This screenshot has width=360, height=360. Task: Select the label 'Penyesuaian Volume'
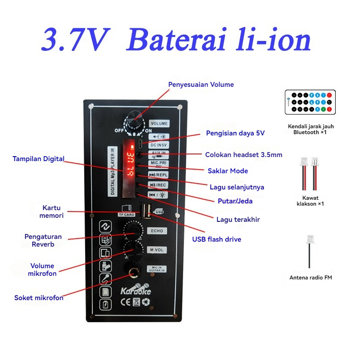click(x=201, y=85)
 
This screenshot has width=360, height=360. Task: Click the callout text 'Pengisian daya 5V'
click(x=235, y=133)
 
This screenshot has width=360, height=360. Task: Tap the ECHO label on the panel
click(x=157, y=231)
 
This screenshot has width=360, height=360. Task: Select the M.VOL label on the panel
click(x=157, y=250)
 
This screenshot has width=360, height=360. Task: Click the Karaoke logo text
click(x=135, y=290)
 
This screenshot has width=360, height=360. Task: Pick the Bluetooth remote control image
click(x=310, y=101)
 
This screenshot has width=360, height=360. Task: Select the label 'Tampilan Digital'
click(x=38, y=158)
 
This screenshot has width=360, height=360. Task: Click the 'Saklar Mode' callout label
click(x=228, y=171)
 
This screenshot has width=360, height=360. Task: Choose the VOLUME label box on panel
click(x=159, y=123)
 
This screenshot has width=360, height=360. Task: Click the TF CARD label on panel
click(x=126, y=215)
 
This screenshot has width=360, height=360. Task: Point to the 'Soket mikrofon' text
click(x=39, y=298)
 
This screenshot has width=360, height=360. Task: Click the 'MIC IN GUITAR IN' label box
click(x=157, y=269)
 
